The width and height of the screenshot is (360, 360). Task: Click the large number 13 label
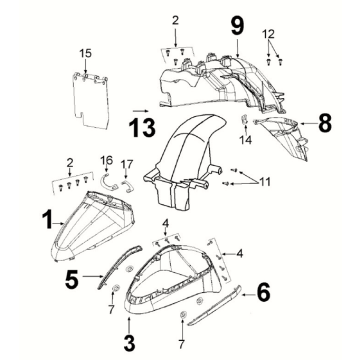[x=142, y=128]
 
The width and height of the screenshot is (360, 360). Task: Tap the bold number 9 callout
[x=237, y=26]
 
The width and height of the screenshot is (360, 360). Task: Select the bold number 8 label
[x=325, y=123]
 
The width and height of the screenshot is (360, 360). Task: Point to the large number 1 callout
[x=48, y=220]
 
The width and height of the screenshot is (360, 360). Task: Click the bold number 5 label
[x=72, y=279]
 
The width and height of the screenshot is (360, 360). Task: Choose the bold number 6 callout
[x=263, y=293]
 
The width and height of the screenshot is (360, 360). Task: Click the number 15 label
[x=85, y=53]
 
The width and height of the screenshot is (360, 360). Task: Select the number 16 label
[x=107, y=160]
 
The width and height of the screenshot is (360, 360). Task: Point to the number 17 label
[x=127, y=164]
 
